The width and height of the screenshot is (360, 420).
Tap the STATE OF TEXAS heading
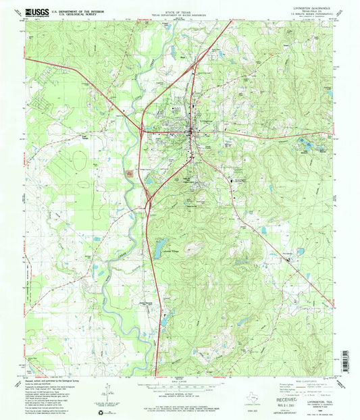pyautogui.click(x=179, y=11)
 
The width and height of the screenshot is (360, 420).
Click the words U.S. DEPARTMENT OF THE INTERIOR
pyautogui.click(x=83, y=10)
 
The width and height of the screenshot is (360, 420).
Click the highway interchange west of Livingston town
pyautogui.click(x=140, y=128)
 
